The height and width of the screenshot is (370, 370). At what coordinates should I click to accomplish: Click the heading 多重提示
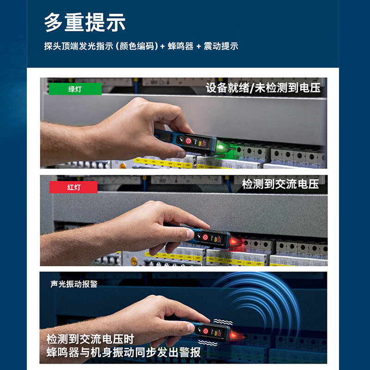pos(85,22)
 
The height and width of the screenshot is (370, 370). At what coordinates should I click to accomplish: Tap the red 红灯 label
pos(74,187)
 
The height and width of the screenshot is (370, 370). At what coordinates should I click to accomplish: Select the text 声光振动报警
pos(74,284)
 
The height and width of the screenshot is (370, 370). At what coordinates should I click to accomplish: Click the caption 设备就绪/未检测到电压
pos(263,88)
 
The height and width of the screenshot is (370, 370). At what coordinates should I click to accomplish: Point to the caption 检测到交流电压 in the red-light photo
pos(280,184)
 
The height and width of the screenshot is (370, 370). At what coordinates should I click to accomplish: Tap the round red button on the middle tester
pos(205,237)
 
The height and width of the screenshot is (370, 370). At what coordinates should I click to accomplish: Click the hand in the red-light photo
pos(153,224)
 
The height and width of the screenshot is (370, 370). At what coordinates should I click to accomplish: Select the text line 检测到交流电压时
pos(91,338)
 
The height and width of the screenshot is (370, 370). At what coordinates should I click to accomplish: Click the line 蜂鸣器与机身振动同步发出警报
pos(123,352)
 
